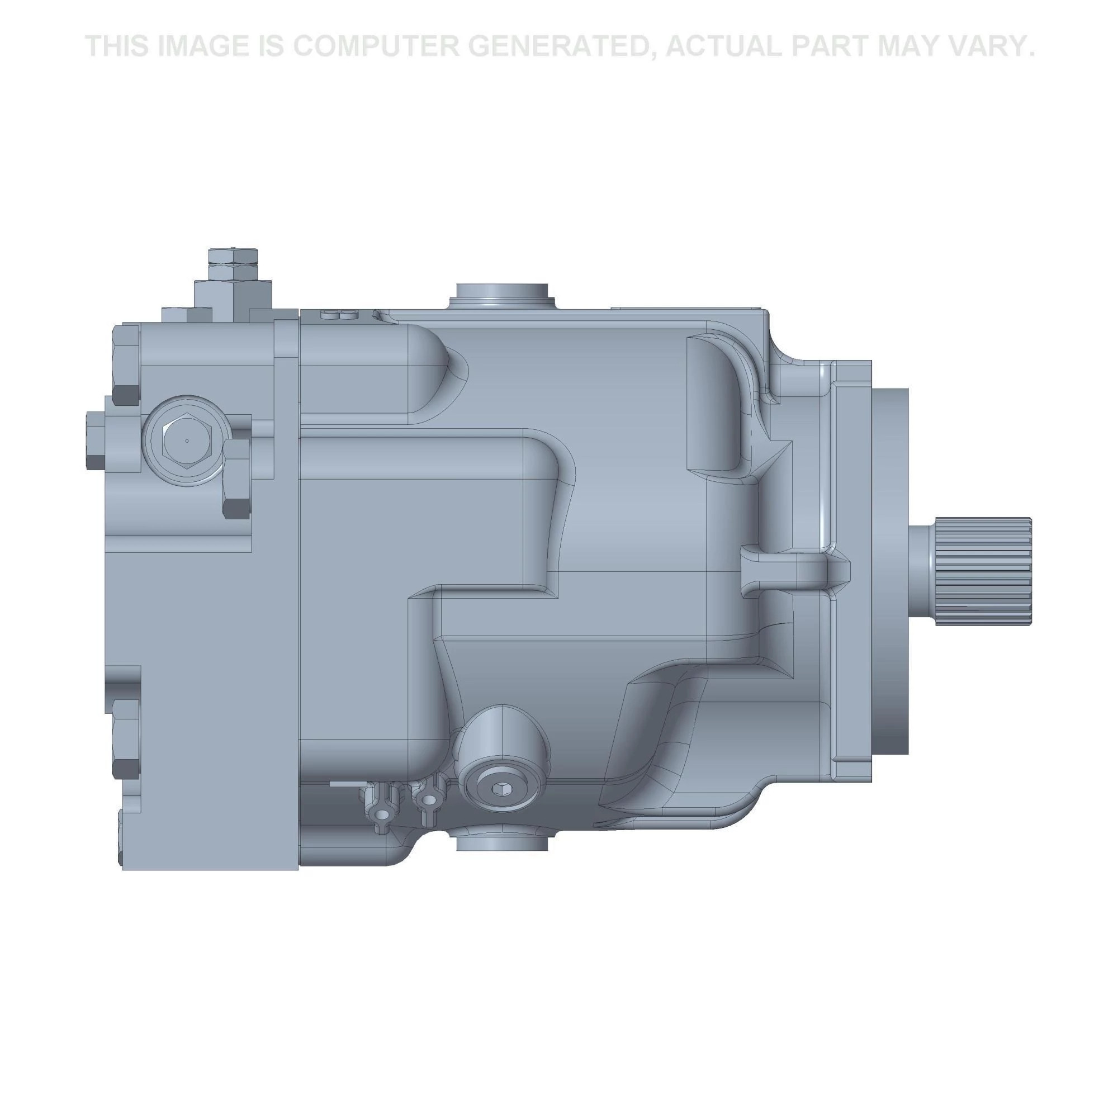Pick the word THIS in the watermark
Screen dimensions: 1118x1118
pyautogui.click(x=118, y=46)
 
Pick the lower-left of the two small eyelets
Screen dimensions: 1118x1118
pyautogui.click(x=382, y=815)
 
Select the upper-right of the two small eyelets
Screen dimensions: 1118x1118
pyautogui.click(x=429, y=800)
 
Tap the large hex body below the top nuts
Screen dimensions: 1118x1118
pyautogui.click(x=233, y=297)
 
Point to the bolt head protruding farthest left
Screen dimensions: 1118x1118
pyautogui.click(x=96, y=440)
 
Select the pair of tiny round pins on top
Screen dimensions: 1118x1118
pyautogui.click(x=339, y=315)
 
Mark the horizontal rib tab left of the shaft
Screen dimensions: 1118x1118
pyautogui.click(x=793, y=570)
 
